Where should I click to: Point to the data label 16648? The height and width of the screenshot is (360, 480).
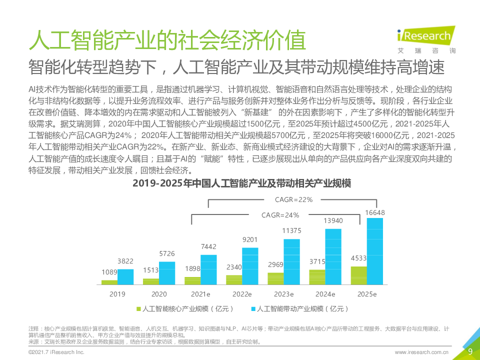[375, 212]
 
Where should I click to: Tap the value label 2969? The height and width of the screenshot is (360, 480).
[275, 264]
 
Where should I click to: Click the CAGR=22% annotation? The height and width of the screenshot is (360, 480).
[294, 200]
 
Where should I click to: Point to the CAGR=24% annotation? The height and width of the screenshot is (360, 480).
[280, 215]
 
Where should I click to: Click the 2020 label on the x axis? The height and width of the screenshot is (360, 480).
[159, 294]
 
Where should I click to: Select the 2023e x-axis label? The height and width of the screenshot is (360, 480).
[283, 294]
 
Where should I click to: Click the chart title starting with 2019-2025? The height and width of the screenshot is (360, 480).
[241, 183]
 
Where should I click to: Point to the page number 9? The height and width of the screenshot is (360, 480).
[470, 351]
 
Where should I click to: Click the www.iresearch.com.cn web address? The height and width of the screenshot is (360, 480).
[421, 352]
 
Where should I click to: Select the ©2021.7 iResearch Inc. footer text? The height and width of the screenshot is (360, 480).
[56, 352]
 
